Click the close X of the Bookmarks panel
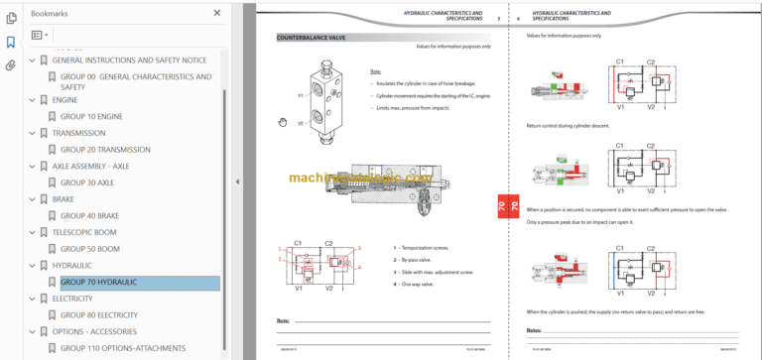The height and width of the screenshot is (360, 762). tap(217, 13)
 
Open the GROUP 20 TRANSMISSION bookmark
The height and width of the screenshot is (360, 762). tap(105, 149)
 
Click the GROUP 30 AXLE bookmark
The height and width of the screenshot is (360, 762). tap(86, 182)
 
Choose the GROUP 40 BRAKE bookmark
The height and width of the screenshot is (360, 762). tap(90, 215)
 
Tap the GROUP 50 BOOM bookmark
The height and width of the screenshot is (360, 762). tap(90, 249)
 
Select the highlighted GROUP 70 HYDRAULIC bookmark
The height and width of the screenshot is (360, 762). tap(98, 282)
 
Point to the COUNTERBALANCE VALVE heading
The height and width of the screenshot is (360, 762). tap(313, 37)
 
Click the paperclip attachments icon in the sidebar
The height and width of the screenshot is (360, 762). tap(11, 66)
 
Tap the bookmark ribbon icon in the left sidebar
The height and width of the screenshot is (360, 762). tap(11, 42)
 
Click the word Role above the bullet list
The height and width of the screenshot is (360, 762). tap(375, 71)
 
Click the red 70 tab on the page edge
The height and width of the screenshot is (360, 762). tap(501, 206)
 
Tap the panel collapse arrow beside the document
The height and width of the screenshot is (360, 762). tap(237, 181)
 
